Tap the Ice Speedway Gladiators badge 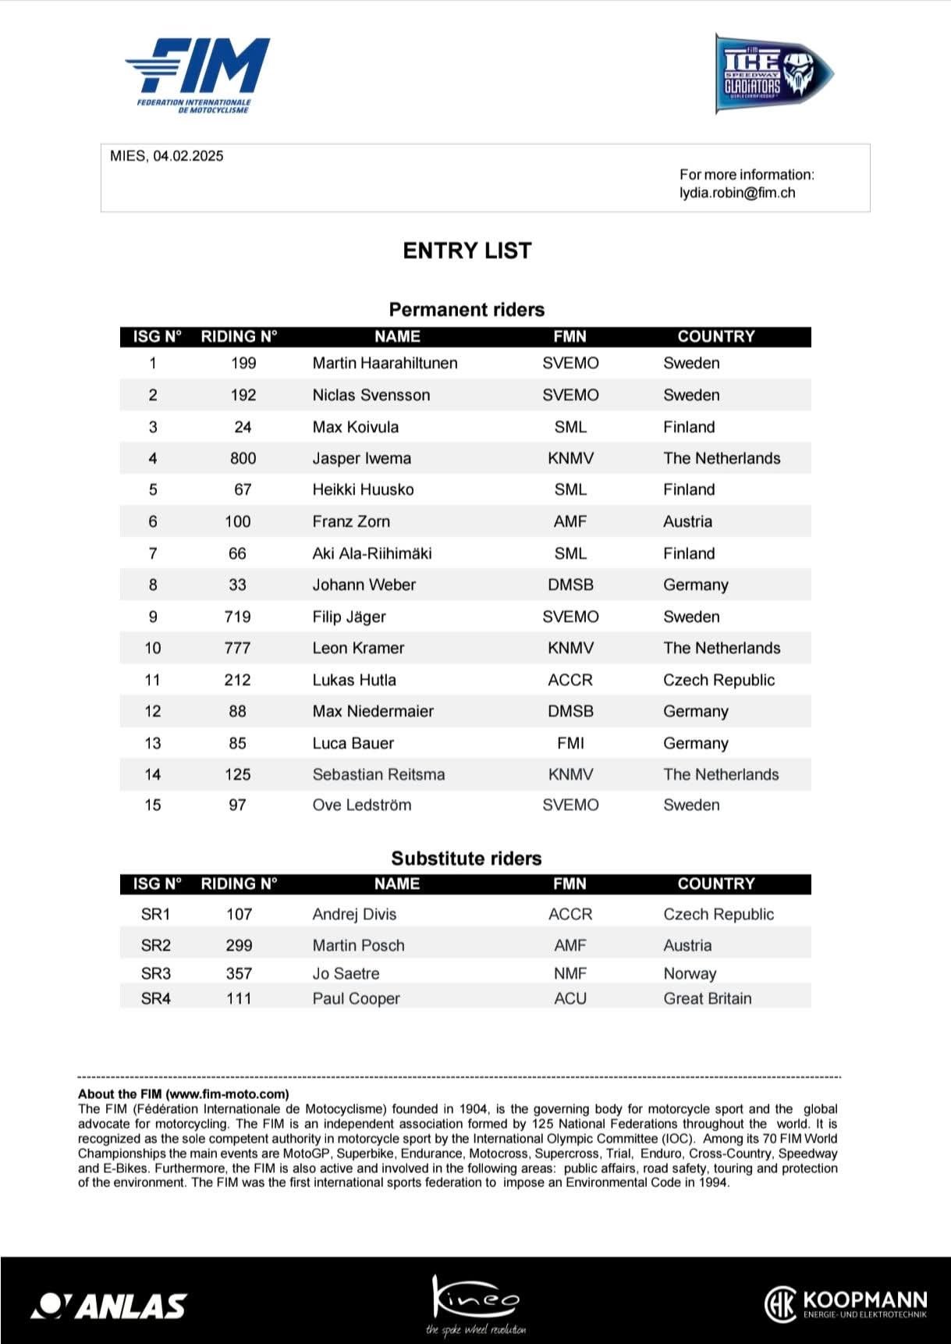pos(772,74)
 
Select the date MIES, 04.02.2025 pos(167,156)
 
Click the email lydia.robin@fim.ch pos(737,193)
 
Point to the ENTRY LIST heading pos(467,251)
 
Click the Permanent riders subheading pos(467,310)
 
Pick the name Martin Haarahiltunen pos(385,363)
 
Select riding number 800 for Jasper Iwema pos(243,458)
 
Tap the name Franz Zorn pos(351,521)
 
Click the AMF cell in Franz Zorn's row pos(570,521)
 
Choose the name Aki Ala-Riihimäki pos(371,553)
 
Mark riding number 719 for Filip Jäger pos(237,617)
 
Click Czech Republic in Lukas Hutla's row pos(719,680)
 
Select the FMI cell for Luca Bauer pos(570,743)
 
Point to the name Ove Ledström pos(361,805)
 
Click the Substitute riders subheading pos(467,859)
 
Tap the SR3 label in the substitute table pos(156,973)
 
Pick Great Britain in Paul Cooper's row pos(708,998)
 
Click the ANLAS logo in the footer pos(109,1305)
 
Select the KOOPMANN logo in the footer pos(846,1303)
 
